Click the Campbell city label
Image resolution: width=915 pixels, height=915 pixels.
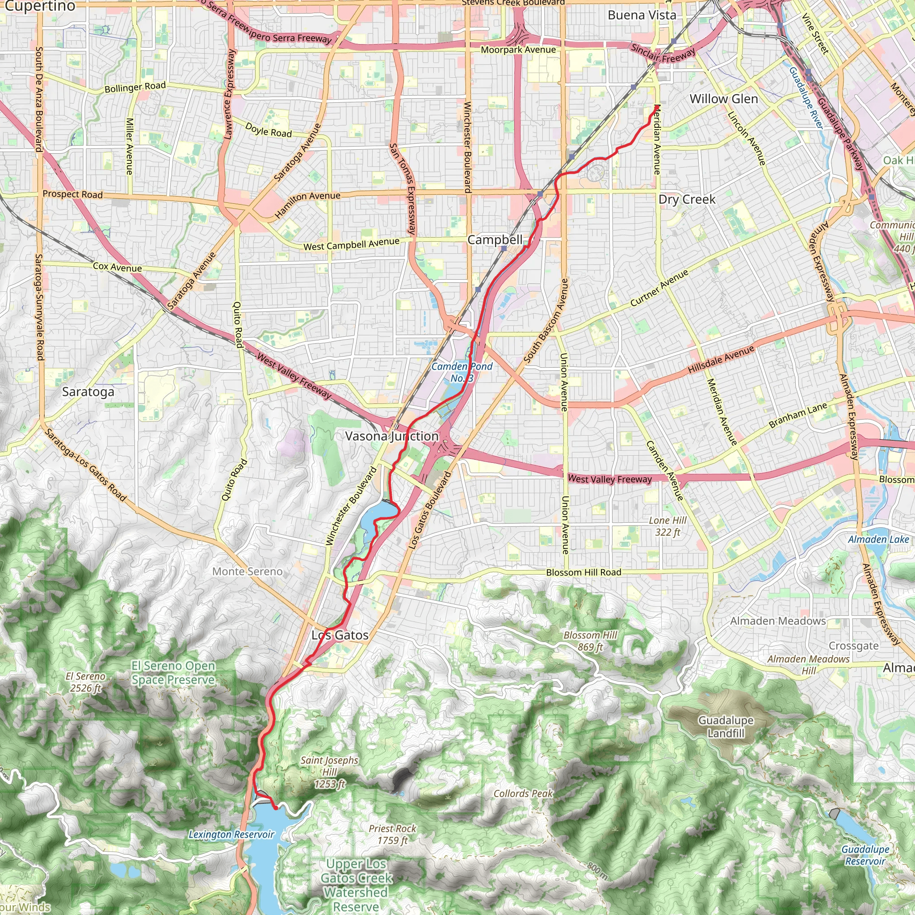tap(495, 239)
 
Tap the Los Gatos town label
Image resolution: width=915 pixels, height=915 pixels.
tap(340, 635)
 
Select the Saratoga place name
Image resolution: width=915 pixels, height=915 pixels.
tap(88, 392)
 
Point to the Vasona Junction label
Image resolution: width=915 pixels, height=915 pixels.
tap(392, 436)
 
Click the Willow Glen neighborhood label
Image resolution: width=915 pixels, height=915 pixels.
tap(724, 99)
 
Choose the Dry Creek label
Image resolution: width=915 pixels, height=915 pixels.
tap(687, 199)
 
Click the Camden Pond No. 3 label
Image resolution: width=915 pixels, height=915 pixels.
tap(462, 372)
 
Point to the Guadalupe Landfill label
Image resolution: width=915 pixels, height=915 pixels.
tap(726, 727)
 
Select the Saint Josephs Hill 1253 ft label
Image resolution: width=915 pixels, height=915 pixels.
tap(330, 772)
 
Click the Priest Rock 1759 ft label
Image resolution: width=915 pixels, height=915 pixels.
tap(393, 835)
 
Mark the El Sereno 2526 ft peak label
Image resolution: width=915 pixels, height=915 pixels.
tap(86, 682)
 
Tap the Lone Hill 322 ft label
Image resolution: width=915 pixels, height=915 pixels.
tap(667, 526)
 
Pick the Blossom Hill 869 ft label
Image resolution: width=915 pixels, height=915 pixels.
tap(590, 641)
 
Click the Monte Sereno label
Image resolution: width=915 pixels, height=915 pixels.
tap(247, 571)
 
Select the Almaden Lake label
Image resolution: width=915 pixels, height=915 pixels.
tap(878, 539)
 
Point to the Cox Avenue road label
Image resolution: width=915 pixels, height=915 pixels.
tap(117, 267)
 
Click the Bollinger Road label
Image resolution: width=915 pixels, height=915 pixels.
tap(135, 87)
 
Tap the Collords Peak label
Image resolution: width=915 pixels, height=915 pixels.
tap(523, 793)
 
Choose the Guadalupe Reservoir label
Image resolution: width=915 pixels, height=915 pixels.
tap(865, 855)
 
